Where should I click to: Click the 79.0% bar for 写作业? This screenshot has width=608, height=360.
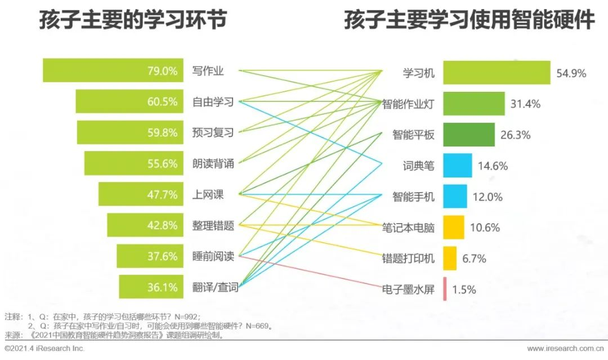click(113, 70)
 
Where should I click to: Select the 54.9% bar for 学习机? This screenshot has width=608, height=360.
click(496, 73)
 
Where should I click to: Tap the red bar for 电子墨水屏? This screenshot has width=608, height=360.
click(445, 289)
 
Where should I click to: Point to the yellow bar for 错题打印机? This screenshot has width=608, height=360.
click(450, 258)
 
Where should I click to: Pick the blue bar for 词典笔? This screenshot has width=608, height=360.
click(457, 166)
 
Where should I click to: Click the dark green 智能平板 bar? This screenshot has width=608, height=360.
click(468, 135)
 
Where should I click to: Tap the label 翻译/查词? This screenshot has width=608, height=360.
click(215, 288)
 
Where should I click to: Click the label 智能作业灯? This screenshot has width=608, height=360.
click(408, 104)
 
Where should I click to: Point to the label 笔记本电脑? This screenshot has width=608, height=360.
click(408, 228)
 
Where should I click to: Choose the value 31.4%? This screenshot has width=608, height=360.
click(525, 104)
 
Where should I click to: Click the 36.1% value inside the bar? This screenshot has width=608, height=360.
click(162, 287)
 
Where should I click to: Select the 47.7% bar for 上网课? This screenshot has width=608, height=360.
click(141, 194)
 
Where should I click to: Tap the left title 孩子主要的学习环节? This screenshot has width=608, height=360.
click(133, 21)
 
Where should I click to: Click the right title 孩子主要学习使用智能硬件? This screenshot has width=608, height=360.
click(470, 21)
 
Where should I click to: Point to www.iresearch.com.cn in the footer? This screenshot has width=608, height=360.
click(565, 349)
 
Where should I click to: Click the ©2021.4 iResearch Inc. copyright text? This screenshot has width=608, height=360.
click(44, 349)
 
